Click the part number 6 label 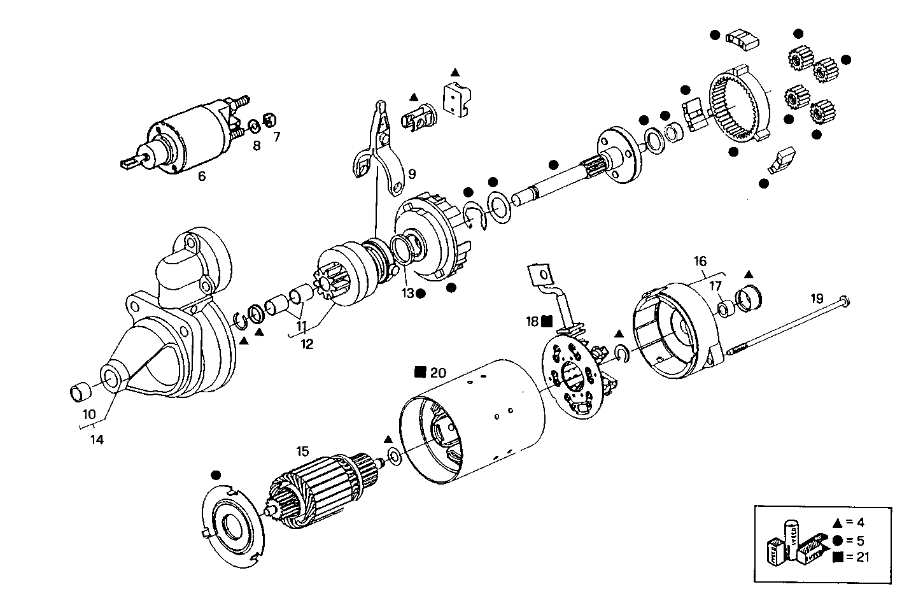pos(202,176)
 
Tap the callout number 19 pos(817,298)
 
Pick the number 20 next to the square pos(439,372)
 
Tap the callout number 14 pos(97,439)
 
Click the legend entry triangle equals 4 pos(849,523)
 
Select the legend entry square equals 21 pos(850,557)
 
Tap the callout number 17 pos(715,285)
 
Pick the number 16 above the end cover pos(700,261)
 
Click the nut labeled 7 pos(269,120)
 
